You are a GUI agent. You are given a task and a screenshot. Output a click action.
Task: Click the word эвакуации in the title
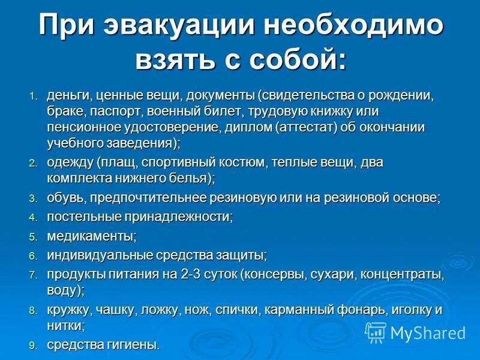(178, 27)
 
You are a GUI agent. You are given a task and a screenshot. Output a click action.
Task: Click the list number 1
(33, 97)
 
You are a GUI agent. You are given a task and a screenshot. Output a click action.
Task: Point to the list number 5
(33, 236)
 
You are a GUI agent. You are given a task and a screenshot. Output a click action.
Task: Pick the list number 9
(33, 346)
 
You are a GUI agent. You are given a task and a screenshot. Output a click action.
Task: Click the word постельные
(85, 217)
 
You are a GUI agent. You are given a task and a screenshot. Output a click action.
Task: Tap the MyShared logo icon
(376, 332)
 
